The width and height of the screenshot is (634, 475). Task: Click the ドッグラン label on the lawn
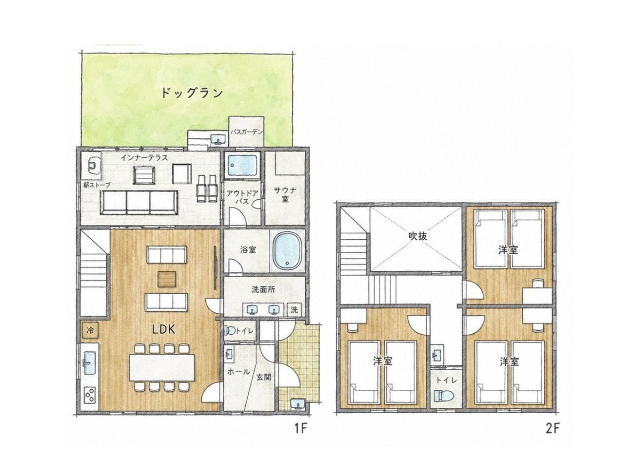(x=192, y=93)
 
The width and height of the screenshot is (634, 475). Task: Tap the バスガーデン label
(x=246, y=132)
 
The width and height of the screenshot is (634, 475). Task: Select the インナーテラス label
(x=144, y=157)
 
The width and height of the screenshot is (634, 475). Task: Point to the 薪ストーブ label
(x=97, y=185)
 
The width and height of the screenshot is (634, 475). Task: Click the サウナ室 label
(x=285, y=194)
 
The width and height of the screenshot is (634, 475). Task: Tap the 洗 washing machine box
(x=294, y=310)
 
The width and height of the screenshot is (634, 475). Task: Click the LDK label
(x=164, y=329)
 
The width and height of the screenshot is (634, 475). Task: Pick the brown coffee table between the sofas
(x=167, y=279)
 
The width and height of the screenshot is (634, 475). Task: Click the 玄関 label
(x=264, y=377)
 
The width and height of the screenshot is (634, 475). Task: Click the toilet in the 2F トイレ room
(x=444, y=396)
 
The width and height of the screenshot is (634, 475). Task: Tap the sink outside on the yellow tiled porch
(x=297, y=403)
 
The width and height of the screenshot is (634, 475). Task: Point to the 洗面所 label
(x=263, y=290)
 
